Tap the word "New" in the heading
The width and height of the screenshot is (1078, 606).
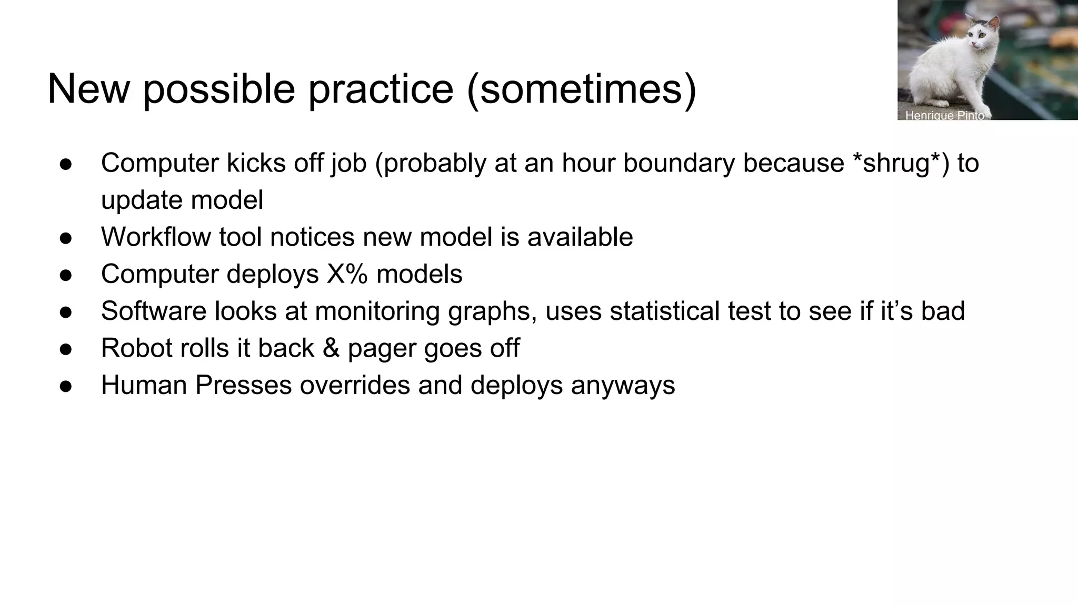click(88, 89)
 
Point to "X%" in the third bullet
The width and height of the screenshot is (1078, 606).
click(347, 274)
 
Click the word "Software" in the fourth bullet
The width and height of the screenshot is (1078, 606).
click(153, 311)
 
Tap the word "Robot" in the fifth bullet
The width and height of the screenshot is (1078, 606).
click(136, 348)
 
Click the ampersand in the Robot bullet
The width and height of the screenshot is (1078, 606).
click(331, 348)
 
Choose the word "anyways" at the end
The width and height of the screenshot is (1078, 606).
click(623, 385)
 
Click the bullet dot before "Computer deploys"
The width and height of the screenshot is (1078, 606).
click(66, 275)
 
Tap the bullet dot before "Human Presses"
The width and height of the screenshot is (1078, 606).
click(66, 386)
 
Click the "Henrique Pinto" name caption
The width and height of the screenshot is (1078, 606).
click(944, 115)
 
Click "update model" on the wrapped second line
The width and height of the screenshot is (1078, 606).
click(182, 200)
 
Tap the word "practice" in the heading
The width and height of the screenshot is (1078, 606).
click(381, 89)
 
